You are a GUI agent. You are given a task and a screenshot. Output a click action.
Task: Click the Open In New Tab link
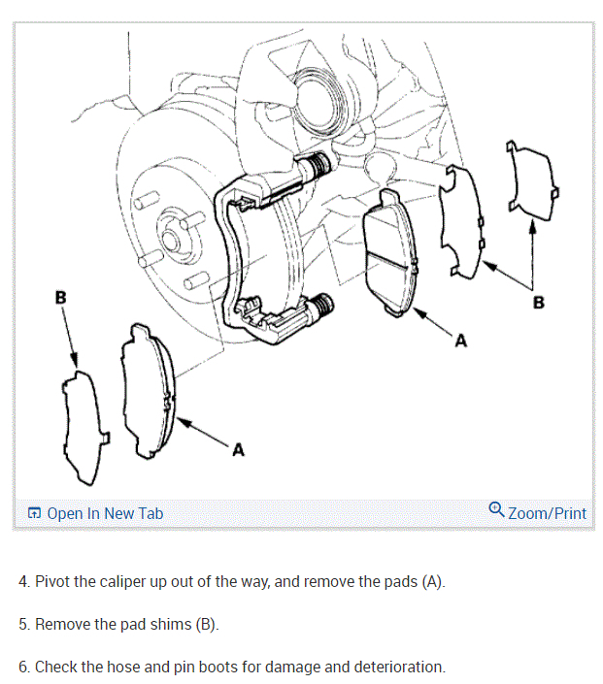click(x=104, y=513)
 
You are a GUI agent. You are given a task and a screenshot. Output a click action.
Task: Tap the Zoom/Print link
click(x=547, y=512)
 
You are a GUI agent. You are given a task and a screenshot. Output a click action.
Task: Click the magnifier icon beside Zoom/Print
click(x=496, y=510)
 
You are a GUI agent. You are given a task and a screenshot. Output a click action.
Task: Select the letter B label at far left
click(x=61, y=297)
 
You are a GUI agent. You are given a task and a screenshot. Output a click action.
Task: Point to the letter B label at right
click(x=539, y=303)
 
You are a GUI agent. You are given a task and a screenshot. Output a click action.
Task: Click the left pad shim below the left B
click(x=82, y=427)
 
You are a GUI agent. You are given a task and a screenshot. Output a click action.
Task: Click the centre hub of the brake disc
click(x=171, y=236)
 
